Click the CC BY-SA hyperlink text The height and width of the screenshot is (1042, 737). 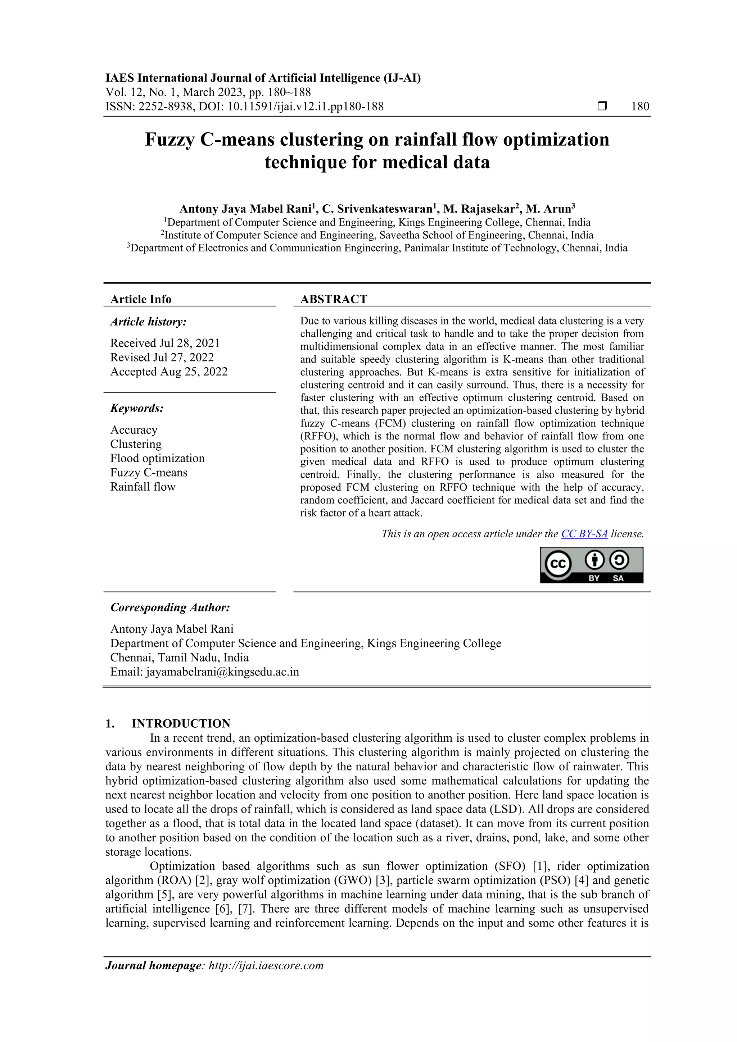tap(584, 534)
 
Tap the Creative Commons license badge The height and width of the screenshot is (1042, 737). tap(591, 565)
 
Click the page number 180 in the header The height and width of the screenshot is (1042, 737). tap(640, 107)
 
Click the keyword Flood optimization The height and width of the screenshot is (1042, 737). tap(157, 458)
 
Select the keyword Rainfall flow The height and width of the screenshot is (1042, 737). tap(143, 487)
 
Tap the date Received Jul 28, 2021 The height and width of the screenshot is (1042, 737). tap(165, 343)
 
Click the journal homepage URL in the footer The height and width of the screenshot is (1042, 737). tap(266, 965)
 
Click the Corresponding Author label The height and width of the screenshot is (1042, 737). tap(170, 607)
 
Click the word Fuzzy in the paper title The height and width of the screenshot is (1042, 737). tap(170, 140)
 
